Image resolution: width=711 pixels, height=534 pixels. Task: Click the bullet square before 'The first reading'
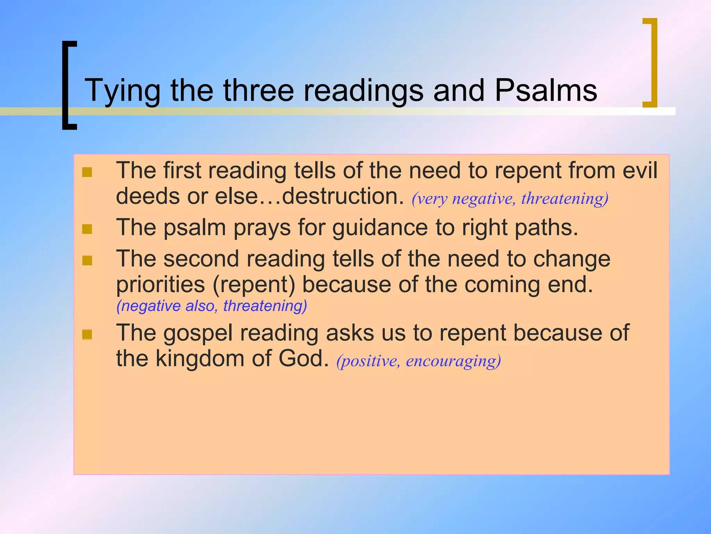(x=87, y=172)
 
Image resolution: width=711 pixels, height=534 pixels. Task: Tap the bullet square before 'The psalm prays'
(x=87, y=229)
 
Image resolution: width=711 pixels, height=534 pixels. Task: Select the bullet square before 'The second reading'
(x=87, y=260)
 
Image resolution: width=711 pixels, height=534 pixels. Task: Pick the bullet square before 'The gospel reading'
(x=87, y=334)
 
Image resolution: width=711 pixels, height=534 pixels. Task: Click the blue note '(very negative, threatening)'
(x=510, y=199)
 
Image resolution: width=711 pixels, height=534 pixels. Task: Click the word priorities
(x=160, y=285)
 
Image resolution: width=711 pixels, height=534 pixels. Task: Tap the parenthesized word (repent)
(x=254, y=285)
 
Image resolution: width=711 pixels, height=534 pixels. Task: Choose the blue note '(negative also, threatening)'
(x=212, y=306)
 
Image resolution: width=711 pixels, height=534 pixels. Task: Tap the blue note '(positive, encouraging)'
(x=418, y=361)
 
